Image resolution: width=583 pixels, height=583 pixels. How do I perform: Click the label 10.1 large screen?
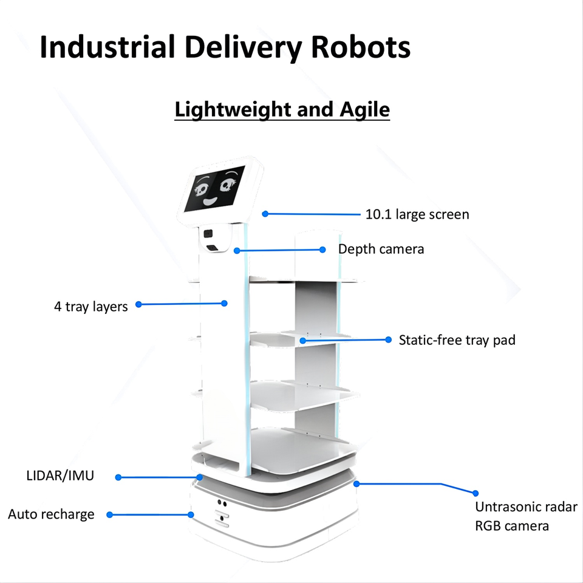(417, 214)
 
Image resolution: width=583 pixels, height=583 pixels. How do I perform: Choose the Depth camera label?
(381, 249)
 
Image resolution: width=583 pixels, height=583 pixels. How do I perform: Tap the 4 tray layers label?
(91, 307)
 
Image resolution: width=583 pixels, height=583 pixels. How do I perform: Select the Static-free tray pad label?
(457, 340)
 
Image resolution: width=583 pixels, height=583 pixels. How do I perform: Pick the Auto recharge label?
(51, 514)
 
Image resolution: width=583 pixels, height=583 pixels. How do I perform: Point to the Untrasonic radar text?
(526, 507)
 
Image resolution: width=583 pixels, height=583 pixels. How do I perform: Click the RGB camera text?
(512, 526)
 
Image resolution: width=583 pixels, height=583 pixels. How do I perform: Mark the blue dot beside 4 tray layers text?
(138, 304)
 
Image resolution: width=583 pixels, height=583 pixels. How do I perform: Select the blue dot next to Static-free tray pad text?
(389, 340)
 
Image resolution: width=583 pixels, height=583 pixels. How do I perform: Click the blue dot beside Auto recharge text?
(109, 514)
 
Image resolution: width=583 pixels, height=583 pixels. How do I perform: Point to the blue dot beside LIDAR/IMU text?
(118, 477)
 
